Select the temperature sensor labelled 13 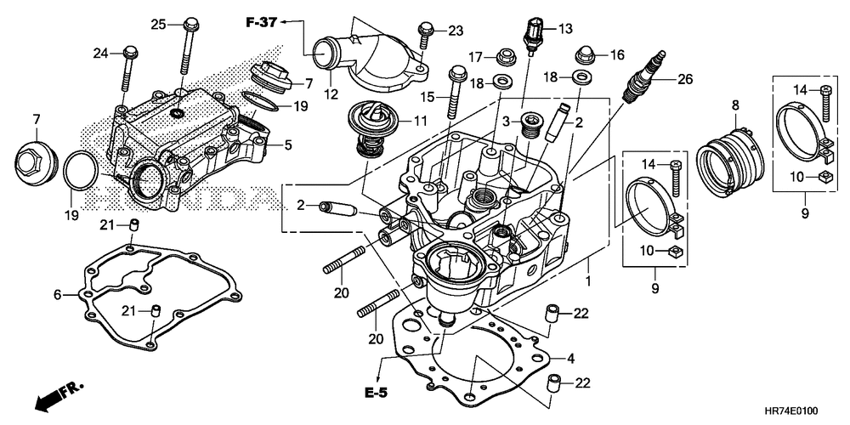click(532, 35)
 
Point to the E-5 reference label click(377, 393)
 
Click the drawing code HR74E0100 click(792, 412)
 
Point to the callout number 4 click(570, 358)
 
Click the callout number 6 click(57, 295)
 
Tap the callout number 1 click(589, 282)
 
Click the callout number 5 click(288, 144)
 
